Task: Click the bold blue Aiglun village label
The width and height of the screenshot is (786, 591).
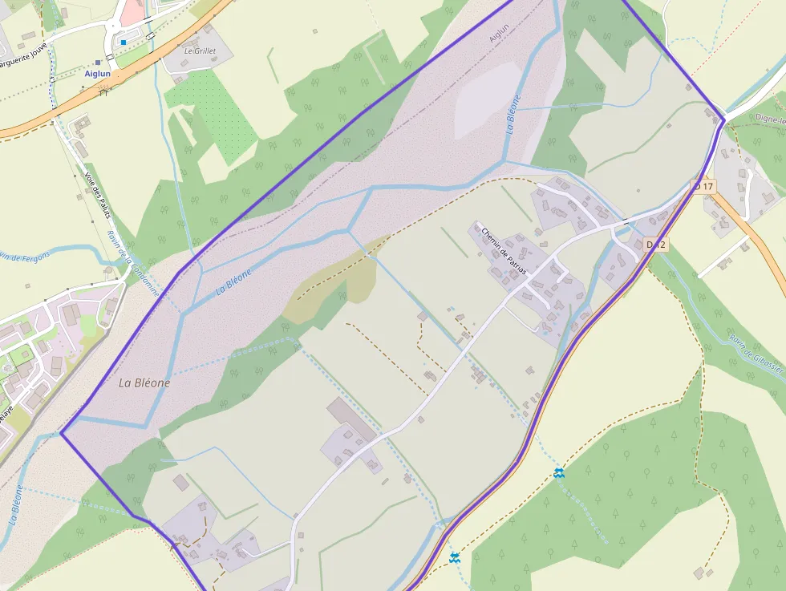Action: [x=98, y=73]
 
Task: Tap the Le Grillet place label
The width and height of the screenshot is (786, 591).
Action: [x=200, y=51]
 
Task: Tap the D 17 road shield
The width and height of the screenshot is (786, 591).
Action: [x=703, y=186]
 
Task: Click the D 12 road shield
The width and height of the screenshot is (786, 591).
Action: [x=656, y=245]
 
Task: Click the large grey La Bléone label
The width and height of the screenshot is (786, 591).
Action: [x=144, y=383]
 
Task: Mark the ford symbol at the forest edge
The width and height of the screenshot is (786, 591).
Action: [x=559, y=474]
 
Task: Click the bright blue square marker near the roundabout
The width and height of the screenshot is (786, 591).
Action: [x=124, y=42]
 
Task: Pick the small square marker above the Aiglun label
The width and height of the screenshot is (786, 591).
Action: [x=98, y=62]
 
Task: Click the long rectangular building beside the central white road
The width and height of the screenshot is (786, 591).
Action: [x=350, y=419]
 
